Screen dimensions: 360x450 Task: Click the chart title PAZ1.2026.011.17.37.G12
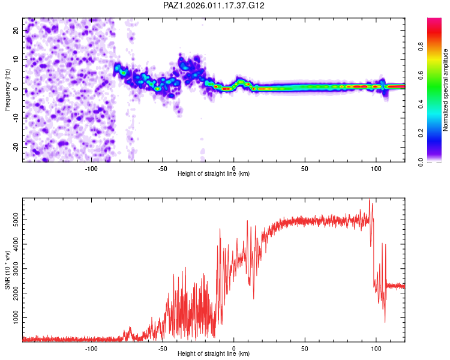(214, 5)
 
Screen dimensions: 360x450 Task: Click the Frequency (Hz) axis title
(8, 89)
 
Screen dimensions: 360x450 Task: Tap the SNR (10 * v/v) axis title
(8, 269)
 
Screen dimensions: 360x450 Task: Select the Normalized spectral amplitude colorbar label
(446, 89)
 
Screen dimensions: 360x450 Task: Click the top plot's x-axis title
(214, 173)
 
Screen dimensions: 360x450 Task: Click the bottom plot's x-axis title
(214, 353)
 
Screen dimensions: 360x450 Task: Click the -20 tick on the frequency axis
(15, 147)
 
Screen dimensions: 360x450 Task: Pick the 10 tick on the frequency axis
(16, 59)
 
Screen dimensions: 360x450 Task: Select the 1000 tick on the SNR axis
(13, 317)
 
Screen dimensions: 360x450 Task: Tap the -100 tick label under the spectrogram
(91, 169)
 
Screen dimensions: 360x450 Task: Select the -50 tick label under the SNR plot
(162, 348)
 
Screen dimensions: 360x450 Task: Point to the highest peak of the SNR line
(370, 199)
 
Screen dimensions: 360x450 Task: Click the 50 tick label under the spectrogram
(305, 169)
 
